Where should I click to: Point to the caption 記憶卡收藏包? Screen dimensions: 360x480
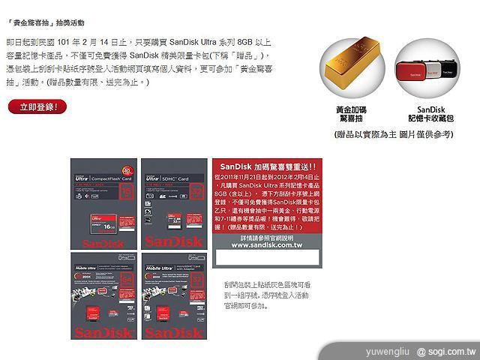click(x=426, y=119)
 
